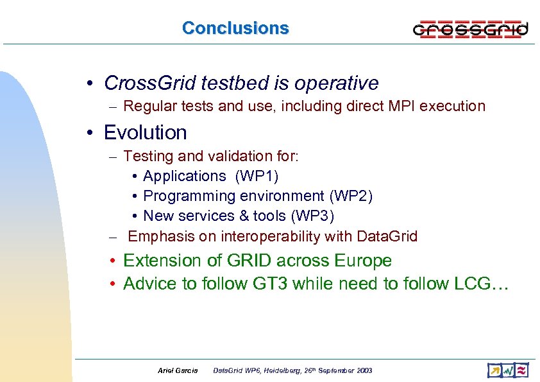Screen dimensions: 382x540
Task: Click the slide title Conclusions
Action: coord(235,28)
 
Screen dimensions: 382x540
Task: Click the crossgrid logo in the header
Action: coord(470,29)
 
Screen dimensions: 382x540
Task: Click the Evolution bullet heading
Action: coord(145,133)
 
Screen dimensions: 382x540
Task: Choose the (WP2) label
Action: coord(350,196)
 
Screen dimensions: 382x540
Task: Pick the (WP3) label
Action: coord(312,216)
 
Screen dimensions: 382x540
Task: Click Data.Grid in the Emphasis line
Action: coord(387,237)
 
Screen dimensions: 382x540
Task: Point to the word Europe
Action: coord(362,261)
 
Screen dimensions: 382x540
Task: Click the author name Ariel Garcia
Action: coord(178,370)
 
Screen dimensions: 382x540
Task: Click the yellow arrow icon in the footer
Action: coord(494,370)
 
